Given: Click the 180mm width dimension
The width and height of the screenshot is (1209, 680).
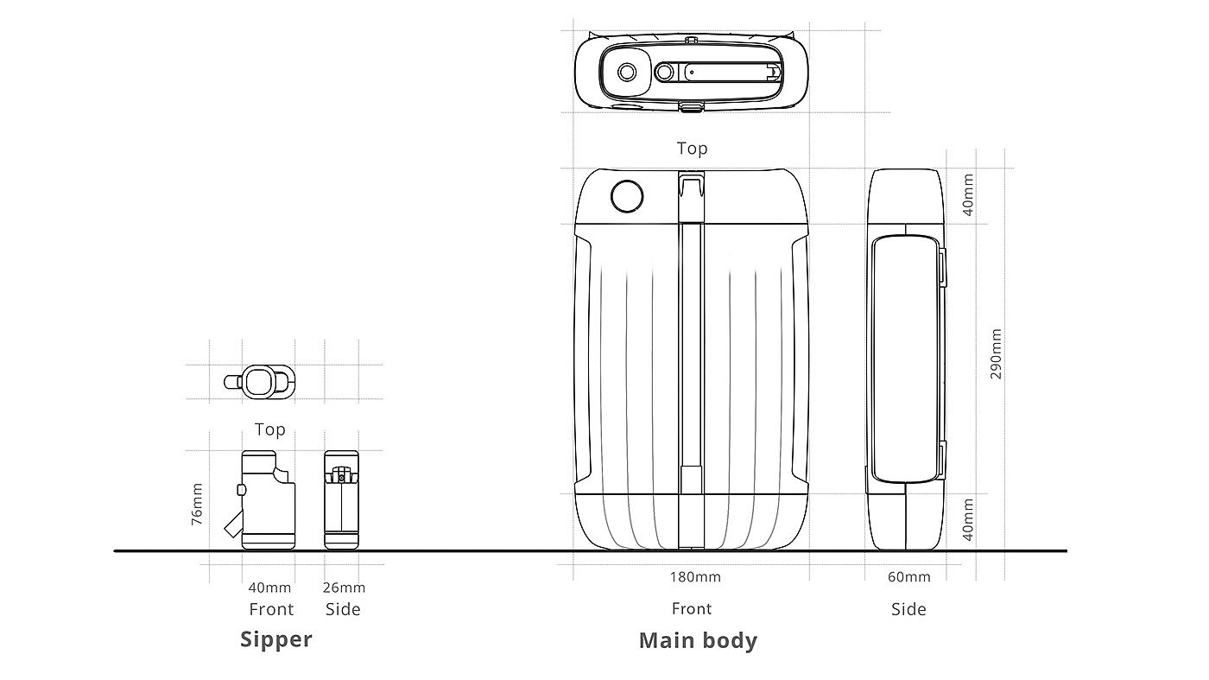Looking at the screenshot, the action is click(x=695, y=577).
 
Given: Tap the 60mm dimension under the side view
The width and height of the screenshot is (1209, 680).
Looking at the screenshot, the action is click(x=908, y=577).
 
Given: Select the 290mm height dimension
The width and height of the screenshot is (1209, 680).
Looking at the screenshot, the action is click(x=996, y=353).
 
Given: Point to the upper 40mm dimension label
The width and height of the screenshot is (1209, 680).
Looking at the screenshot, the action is click(x=968, y=194).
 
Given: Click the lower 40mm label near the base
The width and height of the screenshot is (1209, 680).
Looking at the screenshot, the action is click(x=968, y=519).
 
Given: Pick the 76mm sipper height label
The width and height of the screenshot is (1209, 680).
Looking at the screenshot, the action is click(x=197, y=504).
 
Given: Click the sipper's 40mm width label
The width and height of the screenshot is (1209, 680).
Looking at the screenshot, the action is click(x=269, y=587).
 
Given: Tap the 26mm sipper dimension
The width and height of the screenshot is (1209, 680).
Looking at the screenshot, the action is click(x=344, y=587).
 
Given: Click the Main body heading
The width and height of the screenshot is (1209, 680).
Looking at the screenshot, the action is click(x=698, y=640).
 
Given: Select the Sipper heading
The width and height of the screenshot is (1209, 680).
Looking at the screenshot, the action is click(x=275, y=639).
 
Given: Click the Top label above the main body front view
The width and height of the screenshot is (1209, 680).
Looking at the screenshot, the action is click(x=692, y=148).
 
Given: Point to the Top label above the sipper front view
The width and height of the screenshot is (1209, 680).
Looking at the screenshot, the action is click(x=269, y=429).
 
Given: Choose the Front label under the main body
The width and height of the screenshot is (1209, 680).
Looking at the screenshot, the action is click(x=692, y=608).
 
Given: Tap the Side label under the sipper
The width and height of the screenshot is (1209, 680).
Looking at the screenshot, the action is click(x=343, y=609).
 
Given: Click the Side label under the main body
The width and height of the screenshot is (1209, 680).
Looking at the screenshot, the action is click(x=908, y=609).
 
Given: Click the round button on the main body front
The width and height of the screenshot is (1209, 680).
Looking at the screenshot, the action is click(x=627, y=195).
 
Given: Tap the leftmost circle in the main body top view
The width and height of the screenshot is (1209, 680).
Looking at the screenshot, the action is click(x=627, y=72).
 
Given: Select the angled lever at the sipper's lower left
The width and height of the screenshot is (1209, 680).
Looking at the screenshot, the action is click(x=233, y=522).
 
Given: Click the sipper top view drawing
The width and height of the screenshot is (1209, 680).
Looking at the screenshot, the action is click(x=260, y=382).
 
